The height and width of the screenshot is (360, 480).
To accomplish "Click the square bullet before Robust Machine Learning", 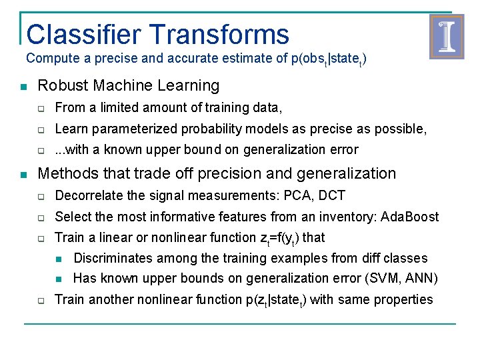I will (x=23, y=87).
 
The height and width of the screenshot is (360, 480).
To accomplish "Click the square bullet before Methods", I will (x=23, y=175).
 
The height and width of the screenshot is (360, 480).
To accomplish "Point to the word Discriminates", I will (x=114, y=258).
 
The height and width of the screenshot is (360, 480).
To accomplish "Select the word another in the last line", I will (x=111, y=299).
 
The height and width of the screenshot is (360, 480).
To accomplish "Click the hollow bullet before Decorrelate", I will (x=41, y=197).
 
